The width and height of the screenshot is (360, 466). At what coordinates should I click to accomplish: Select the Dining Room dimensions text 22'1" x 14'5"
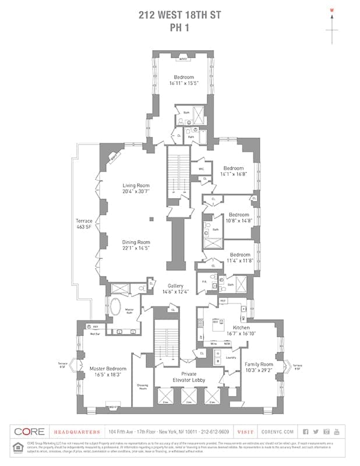(x=136, y=248)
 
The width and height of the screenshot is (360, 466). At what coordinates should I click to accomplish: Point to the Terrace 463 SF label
(x=84, y=224)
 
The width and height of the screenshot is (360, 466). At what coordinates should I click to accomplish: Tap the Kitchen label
(x=241, y=328)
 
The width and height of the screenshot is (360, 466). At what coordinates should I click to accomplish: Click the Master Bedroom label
(x=108, y=368)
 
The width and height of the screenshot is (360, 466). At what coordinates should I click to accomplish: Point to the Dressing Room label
(x=142, y=386)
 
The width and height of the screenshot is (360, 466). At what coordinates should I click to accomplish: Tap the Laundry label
(x=231, y=357)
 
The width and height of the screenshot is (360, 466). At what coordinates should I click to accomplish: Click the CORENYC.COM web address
(x=276, y=432)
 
